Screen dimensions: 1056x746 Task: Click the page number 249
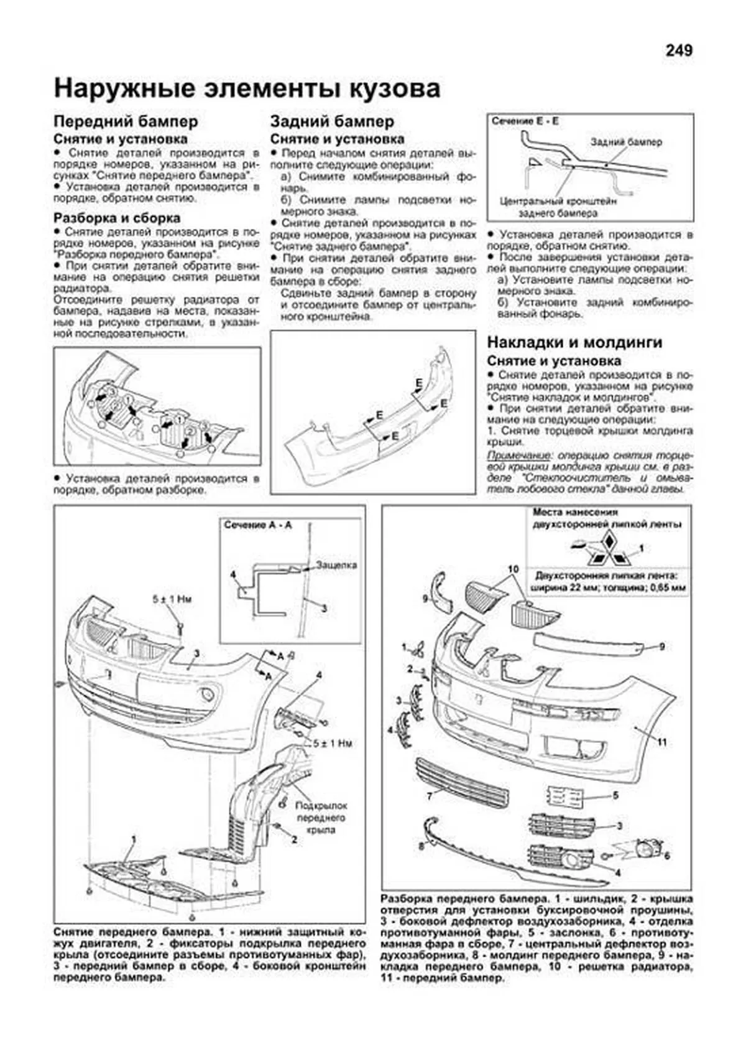pos(678,50)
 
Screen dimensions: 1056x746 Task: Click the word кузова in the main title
pos(385,88)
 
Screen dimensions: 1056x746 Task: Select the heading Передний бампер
pos(126,121)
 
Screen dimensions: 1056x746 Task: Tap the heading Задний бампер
pos(332,121)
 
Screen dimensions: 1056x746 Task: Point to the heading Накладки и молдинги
pos(574,342)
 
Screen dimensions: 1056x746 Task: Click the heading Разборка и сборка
pos(117,218)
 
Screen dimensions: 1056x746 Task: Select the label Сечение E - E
pos(525,121)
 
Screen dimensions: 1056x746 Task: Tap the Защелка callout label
pos(336,565)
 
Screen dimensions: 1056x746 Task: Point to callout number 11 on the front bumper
pos(662,742)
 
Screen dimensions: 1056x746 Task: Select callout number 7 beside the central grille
pos(429,795)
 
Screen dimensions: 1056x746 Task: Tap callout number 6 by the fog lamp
pos(667,856)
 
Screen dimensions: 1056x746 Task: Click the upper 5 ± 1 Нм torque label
pos(172,599)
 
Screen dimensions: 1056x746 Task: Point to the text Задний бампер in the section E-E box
pos(626,142)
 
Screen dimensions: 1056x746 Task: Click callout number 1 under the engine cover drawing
pos(133,839)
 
